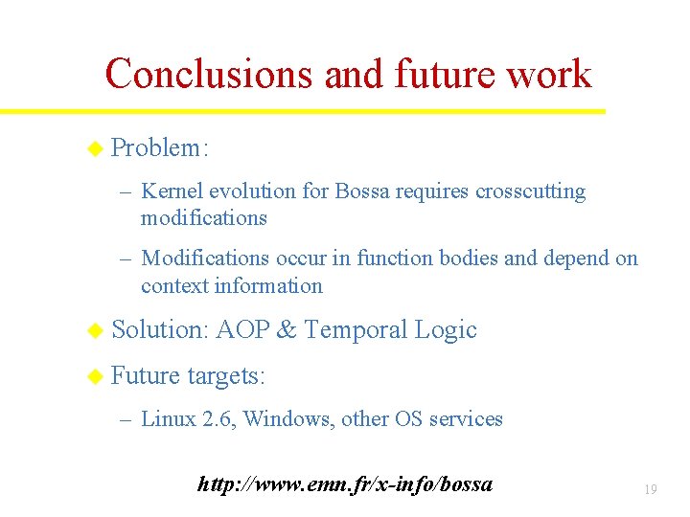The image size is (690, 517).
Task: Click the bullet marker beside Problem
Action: (94, 148)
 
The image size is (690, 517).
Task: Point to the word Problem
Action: (156, 147)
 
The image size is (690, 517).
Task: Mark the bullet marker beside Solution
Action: (94, 330)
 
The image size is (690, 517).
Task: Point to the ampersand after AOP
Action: (287, 330)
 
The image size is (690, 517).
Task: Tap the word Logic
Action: (446, 330)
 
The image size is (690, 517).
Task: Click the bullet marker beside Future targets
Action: (94, 376)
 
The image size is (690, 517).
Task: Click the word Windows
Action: (284, 419)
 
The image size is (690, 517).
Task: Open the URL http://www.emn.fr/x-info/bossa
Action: (345, 484)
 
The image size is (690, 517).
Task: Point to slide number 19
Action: (650, 490)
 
